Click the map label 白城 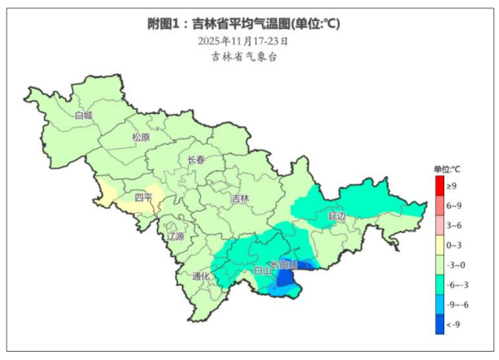click(x=83, y=116)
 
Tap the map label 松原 click(x=141, y=137)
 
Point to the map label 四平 click(x=144, y=198)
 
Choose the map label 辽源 click(x=175, y=237)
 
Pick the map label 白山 click(x=261, y=271)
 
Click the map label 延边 click(x=337, y=216)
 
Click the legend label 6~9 click(x=453, y=205)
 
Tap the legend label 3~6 click(x=453, y=225)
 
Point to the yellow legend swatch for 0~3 click(x=440, y=245)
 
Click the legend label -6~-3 click(x=456, y=284)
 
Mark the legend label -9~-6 click(x=456, y=304)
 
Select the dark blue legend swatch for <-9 click(x=440, y=323)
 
